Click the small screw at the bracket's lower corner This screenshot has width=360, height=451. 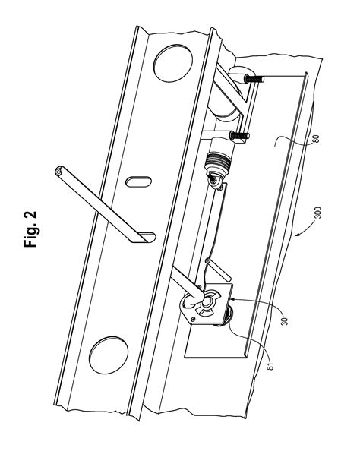194,320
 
